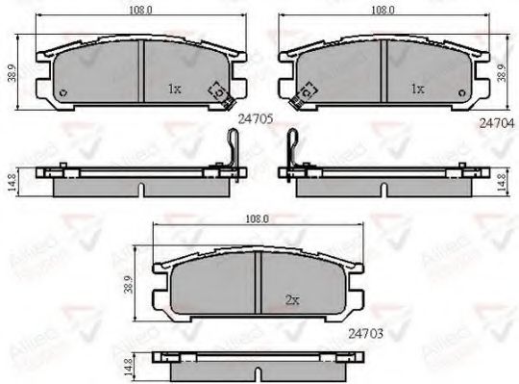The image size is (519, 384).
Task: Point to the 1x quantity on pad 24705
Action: [174, 89]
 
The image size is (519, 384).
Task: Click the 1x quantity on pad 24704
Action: [417, 89]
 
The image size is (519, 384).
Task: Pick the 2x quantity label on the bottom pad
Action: [291, 299]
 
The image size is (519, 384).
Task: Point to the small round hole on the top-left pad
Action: [63, 93]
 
